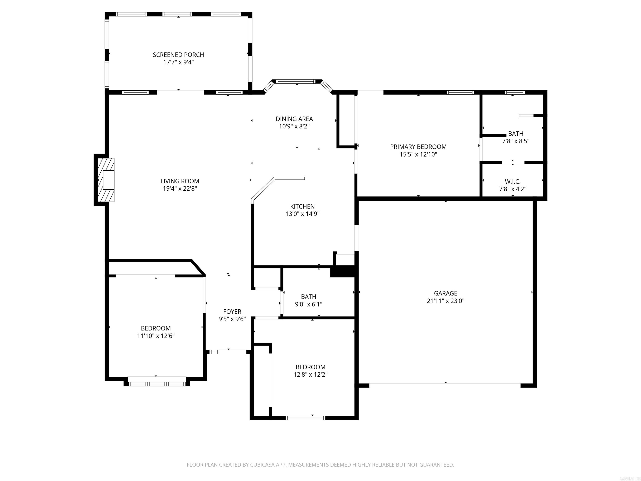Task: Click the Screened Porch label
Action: [178, 55]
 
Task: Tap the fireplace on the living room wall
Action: [106, 180]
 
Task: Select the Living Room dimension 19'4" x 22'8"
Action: [180, 189]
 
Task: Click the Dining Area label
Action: [294, 119]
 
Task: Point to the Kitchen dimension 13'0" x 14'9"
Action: [302, 214]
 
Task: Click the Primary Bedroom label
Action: [418, 147]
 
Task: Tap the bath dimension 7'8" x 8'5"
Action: [516, 141]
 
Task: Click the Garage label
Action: [445, 293]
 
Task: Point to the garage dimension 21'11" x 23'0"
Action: [445, 301]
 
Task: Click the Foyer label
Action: [232, 311]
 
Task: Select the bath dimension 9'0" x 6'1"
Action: [308, 304]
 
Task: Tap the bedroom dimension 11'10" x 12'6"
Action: [156, 336]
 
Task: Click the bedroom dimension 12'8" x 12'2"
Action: [310, 374]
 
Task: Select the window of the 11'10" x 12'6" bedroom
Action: [156, 384]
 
